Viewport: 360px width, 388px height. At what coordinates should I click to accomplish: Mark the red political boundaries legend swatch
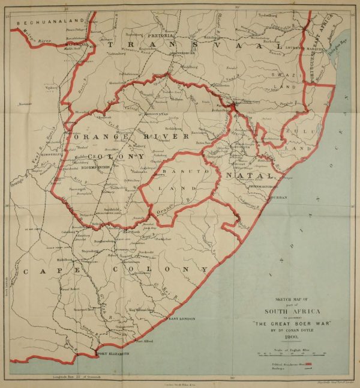[309, 364]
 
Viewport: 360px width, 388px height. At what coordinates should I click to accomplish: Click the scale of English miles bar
[290, 354]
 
